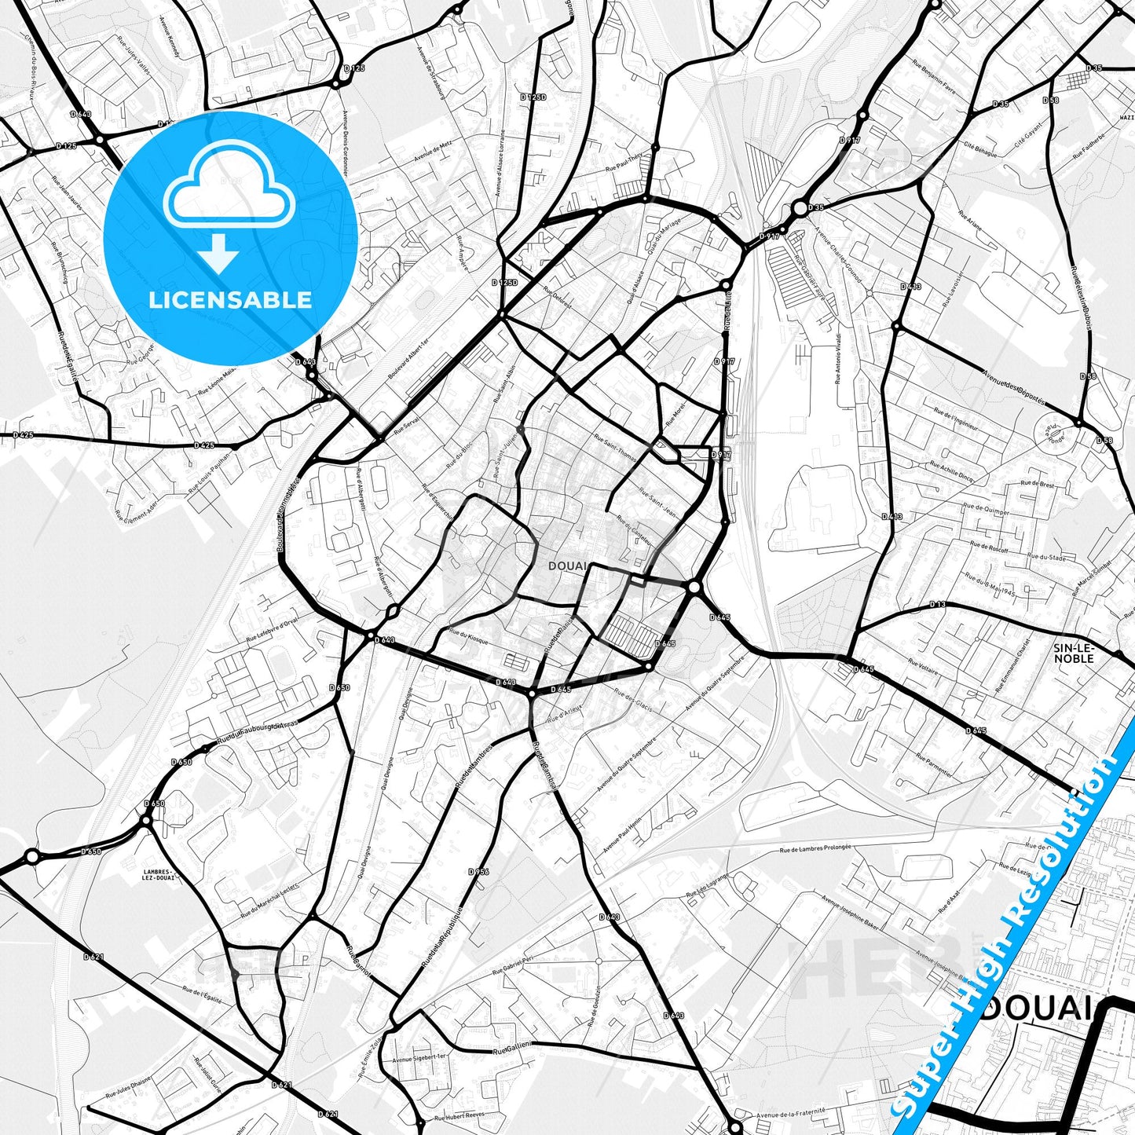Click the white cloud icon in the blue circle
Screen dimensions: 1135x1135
229,192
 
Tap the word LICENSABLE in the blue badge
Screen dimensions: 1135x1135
230,299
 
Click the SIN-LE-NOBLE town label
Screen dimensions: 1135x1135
1074,653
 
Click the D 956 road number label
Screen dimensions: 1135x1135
478,872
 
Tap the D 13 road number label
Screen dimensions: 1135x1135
937,604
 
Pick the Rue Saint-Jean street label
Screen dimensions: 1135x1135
659,502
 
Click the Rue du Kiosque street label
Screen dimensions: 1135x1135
468,636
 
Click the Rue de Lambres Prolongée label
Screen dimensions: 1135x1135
815,849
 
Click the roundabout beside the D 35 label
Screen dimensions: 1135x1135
800,208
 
